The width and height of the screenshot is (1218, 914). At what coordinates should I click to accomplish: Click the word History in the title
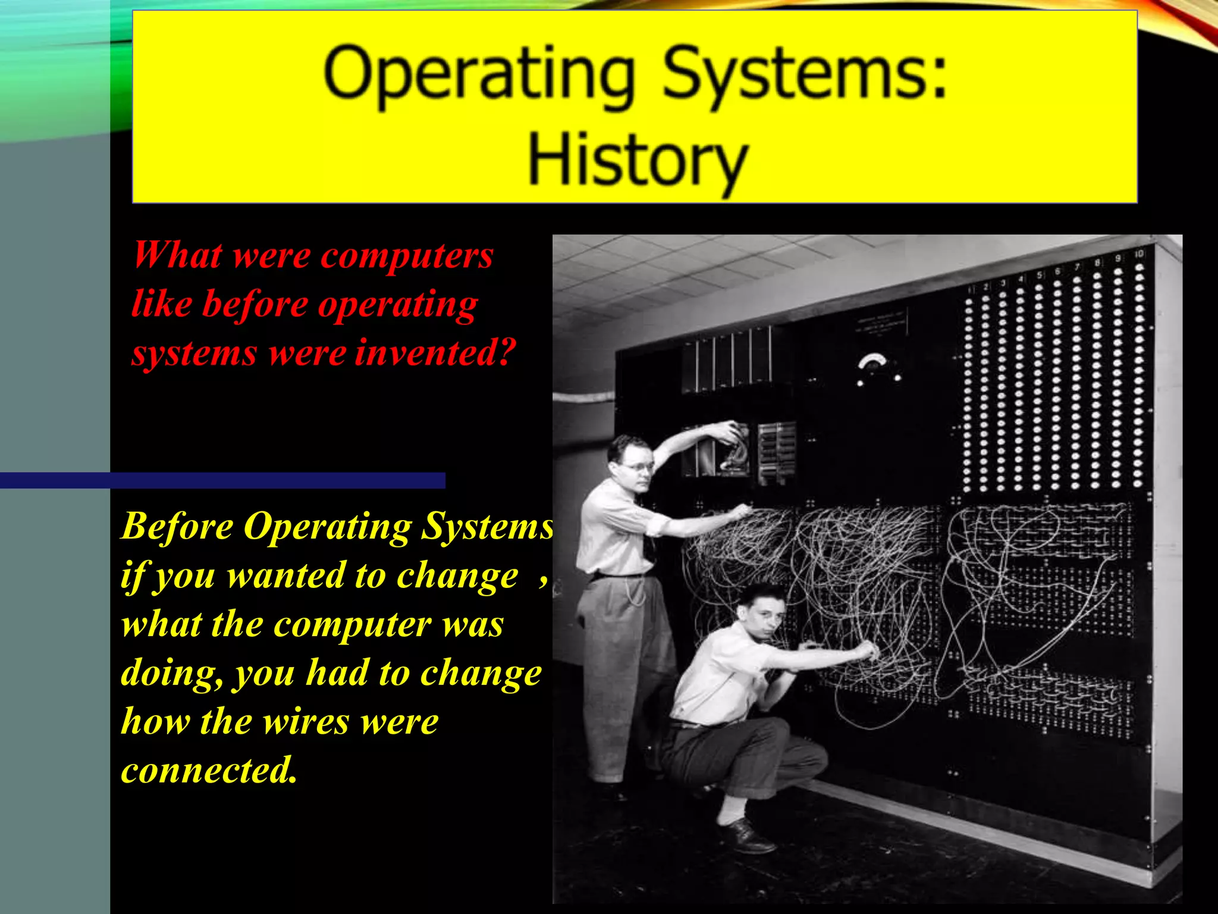click(638, 159)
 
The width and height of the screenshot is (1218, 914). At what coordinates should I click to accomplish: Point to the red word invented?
click(434, 352)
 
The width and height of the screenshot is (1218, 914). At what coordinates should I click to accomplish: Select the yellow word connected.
click(208, 770)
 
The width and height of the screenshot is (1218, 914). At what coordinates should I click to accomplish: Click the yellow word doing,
click(172, 674)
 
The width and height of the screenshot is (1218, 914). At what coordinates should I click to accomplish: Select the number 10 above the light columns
click(1138, 254)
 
